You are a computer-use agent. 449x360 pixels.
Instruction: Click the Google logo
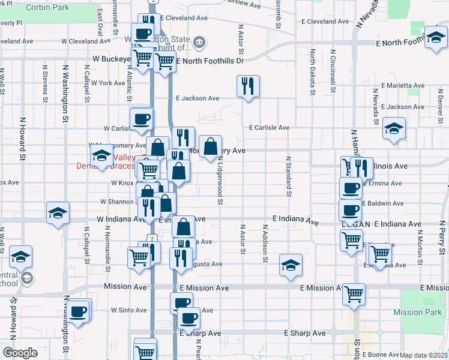[x=20, y=353]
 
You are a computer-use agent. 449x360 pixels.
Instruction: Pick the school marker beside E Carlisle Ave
[x=394, y=128]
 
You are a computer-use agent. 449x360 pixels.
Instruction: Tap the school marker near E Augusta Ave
[x=291, y=265]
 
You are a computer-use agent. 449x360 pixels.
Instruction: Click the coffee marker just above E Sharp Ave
[x=188, y=318]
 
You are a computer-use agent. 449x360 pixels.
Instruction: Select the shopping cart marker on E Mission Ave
[x=354, y=295]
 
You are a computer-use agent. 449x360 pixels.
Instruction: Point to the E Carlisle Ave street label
[x=270, y=128]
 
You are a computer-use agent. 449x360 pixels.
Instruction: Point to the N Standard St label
[x=288, y=176]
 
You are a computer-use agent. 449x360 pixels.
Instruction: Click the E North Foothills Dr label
[x=210, y=61]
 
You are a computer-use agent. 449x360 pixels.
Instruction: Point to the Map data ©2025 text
[x=423, y=355]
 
